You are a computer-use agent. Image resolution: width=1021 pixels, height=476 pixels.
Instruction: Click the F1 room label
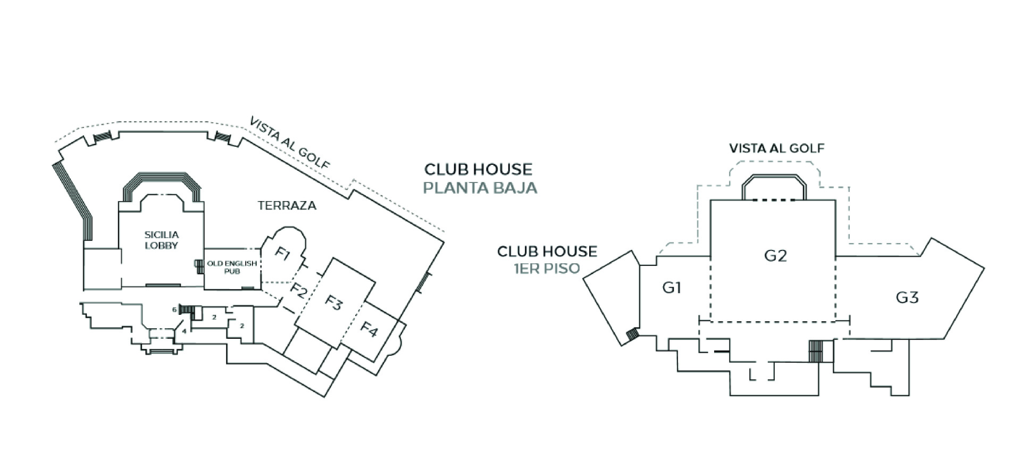[x=283, y=254]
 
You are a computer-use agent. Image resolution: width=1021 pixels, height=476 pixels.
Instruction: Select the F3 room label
[x=333, y=303]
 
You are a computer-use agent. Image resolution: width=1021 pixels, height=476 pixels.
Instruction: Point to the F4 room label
[x=369, y=330]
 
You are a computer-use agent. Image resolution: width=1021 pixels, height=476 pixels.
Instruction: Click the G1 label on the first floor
[x=672, y=287]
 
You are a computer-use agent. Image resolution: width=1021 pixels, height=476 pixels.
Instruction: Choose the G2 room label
[x=775, y=256]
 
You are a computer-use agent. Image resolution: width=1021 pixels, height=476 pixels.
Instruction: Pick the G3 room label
[x=907, y=297]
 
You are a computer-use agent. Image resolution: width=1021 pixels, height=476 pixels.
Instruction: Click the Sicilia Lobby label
[x=162, y=240]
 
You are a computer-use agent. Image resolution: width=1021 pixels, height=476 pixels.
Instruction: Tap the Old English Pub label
[x=232, y=267]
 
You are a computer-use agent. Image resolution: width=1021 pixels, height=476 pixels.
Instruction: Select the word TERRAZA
[x=287, y=205]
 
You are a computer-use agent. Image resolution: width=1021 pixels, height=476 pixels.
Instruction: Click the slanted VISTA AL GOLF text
[x=290, y=143]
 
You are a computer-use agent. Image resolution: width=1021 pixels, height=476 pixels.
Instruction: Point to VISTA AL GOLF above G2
[x=776, y=148]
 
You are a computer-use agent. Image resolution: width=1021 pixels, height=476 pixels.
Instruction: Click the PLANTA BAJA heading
[x=480, y=188]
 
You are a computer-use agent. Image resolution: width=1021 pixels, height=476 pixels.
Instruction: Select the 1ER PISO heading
[x=547, y=268]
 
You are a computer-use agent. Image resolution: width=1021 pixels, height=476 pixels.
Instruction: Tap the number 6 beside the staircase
[x=174, y=310]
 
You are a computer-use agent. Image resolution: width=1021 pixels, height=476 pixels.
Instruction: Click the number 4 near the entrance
[x=184, y=331]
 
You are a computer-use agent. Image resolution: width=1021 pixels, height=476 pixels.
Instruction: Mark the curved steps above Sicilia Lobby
[x=162, y=177]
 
